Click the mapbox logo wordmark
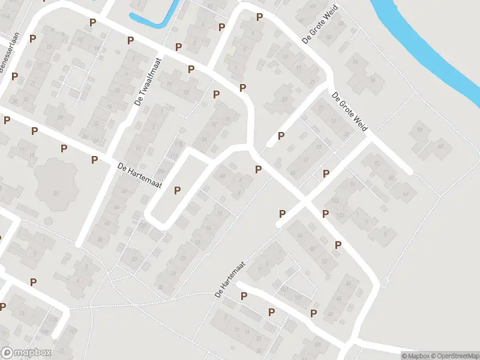(x=26, y=353)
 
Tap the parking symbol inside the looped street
(x=177, y=191)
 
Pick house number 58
(x=419, y=130)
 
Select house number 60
(x=441, y=146)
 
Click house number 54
(x=356, y=62)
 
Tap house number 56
(x=373, y=79)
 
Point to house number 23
(x=284, y=100)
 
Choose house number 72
(x=377, y=163)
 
